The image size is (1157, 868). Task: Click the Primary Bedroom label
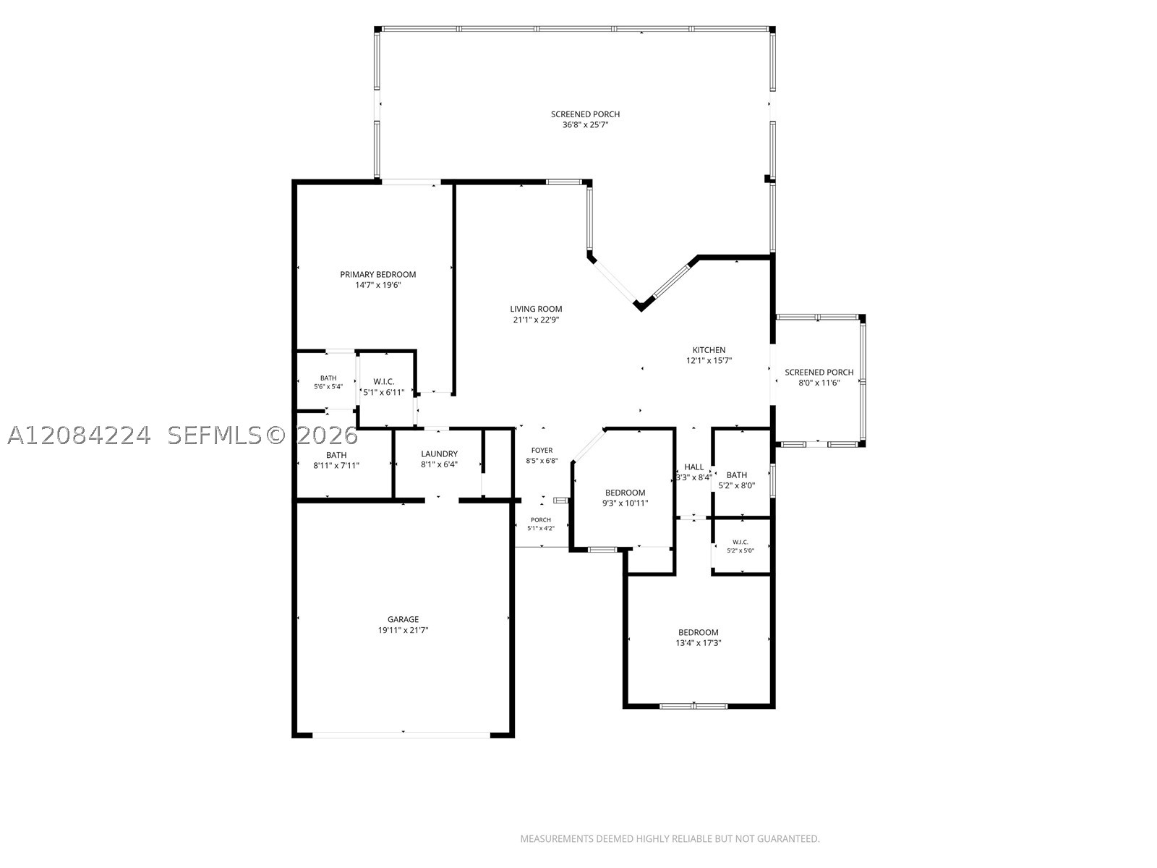point(378,275)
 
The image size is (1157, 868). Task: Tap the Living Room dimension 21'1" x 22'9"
point(536,320)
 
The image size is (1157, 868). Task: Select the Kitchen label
point(709,350)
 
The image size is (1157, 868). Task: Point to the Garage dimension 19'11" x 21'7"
point(404,630)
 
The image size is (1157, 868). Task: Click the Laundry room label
point(439,454)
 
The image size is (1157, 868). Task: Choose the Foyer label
point(542,451)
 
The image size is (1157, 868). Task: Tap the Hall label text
point(693,467)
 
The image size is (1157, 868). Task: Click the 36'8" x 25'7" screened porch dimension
point(586,125)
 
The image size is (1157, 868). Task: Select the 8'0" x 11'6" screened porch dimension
point(819,383)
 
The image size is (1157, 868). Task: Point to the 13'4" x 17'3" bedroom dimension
point(699,643)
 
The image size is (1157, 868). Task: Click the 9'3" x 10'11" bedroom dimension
point(626,503)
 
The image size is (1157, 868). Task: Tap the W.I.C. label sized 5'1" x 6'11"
point(384,382)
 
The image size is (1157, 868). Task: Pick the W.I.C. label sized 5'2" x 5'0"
point(740,542)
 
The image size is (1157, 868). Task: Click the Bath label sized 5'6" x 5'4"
point(328,378)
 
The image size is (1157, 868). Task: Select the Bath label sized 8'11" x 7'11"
point(336,455)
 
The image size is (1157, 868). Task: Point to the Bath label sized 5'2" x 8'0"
point(736,475)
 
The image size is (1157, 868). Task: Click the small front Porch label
point(541,519)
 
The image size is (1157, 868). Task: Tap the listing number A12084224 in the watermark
point(79,435)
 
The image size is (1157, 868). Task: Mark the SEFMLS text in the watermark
point(215,435)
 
